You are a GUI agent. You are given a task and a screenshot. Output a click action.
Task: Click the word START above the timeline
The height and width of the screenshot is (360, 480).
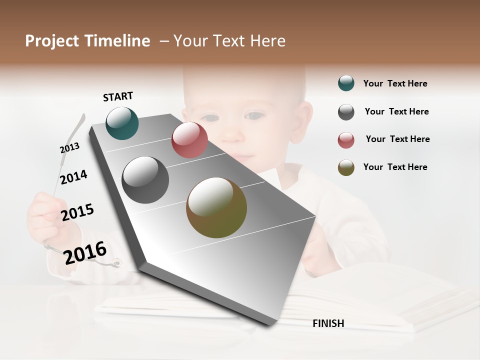[118, 96]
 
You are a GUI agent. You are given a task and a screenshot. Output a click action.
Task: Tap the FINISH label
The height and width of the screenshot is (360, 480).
[328, 323]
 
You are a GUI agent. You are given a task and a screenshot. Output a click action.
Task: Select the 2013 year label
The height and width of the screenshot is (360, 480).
[69, 148]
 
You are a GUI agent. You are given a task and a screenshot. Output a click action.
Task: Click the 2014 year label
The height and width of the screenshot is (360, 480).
[73, 177]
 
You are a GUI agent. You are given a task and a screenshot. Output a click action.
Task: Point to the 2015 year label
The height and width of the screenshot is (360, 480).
[77, 212]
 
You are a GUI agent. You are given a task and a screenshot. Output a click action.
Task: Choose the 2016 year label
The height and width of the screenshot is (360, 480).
[85, 252]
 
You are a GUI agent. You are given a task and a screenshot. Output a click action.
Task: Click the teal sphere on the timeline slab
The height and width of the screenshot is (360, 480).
[122, 123]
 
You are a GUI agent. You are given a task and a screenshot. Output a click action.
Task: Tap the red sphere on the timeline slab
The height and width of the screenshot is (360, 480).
[189, 140]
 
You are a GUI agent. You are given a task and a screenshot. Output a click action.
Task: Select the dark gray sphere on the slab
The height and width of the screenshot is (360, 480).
[145, 180]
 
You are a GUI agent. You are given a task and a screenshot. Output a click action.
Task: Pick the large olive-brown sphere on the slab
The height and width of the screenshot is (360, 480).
[216, 207]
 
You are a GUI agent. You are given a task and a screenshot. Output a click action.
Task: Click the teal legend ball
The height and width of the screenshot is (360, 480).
[346, 83]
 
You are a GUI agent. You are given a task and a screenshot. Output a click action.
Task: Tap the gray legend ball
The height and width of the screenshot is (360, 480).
[346, 112]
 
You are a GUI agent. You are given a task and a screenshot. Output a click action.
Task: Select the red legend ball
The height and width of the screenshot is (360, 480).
[346, 140]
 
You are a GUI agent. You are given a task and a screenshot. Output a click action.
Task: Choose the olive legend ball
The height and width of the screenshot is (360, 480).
[346, 167]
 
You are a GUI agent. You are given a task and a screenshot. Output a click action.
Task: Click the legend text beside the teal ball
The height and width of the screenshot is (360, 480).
[395, 83]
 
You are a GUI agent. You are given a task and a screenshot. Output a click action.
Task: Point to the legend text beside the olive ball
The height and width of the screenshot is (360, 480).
[395, 167]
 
